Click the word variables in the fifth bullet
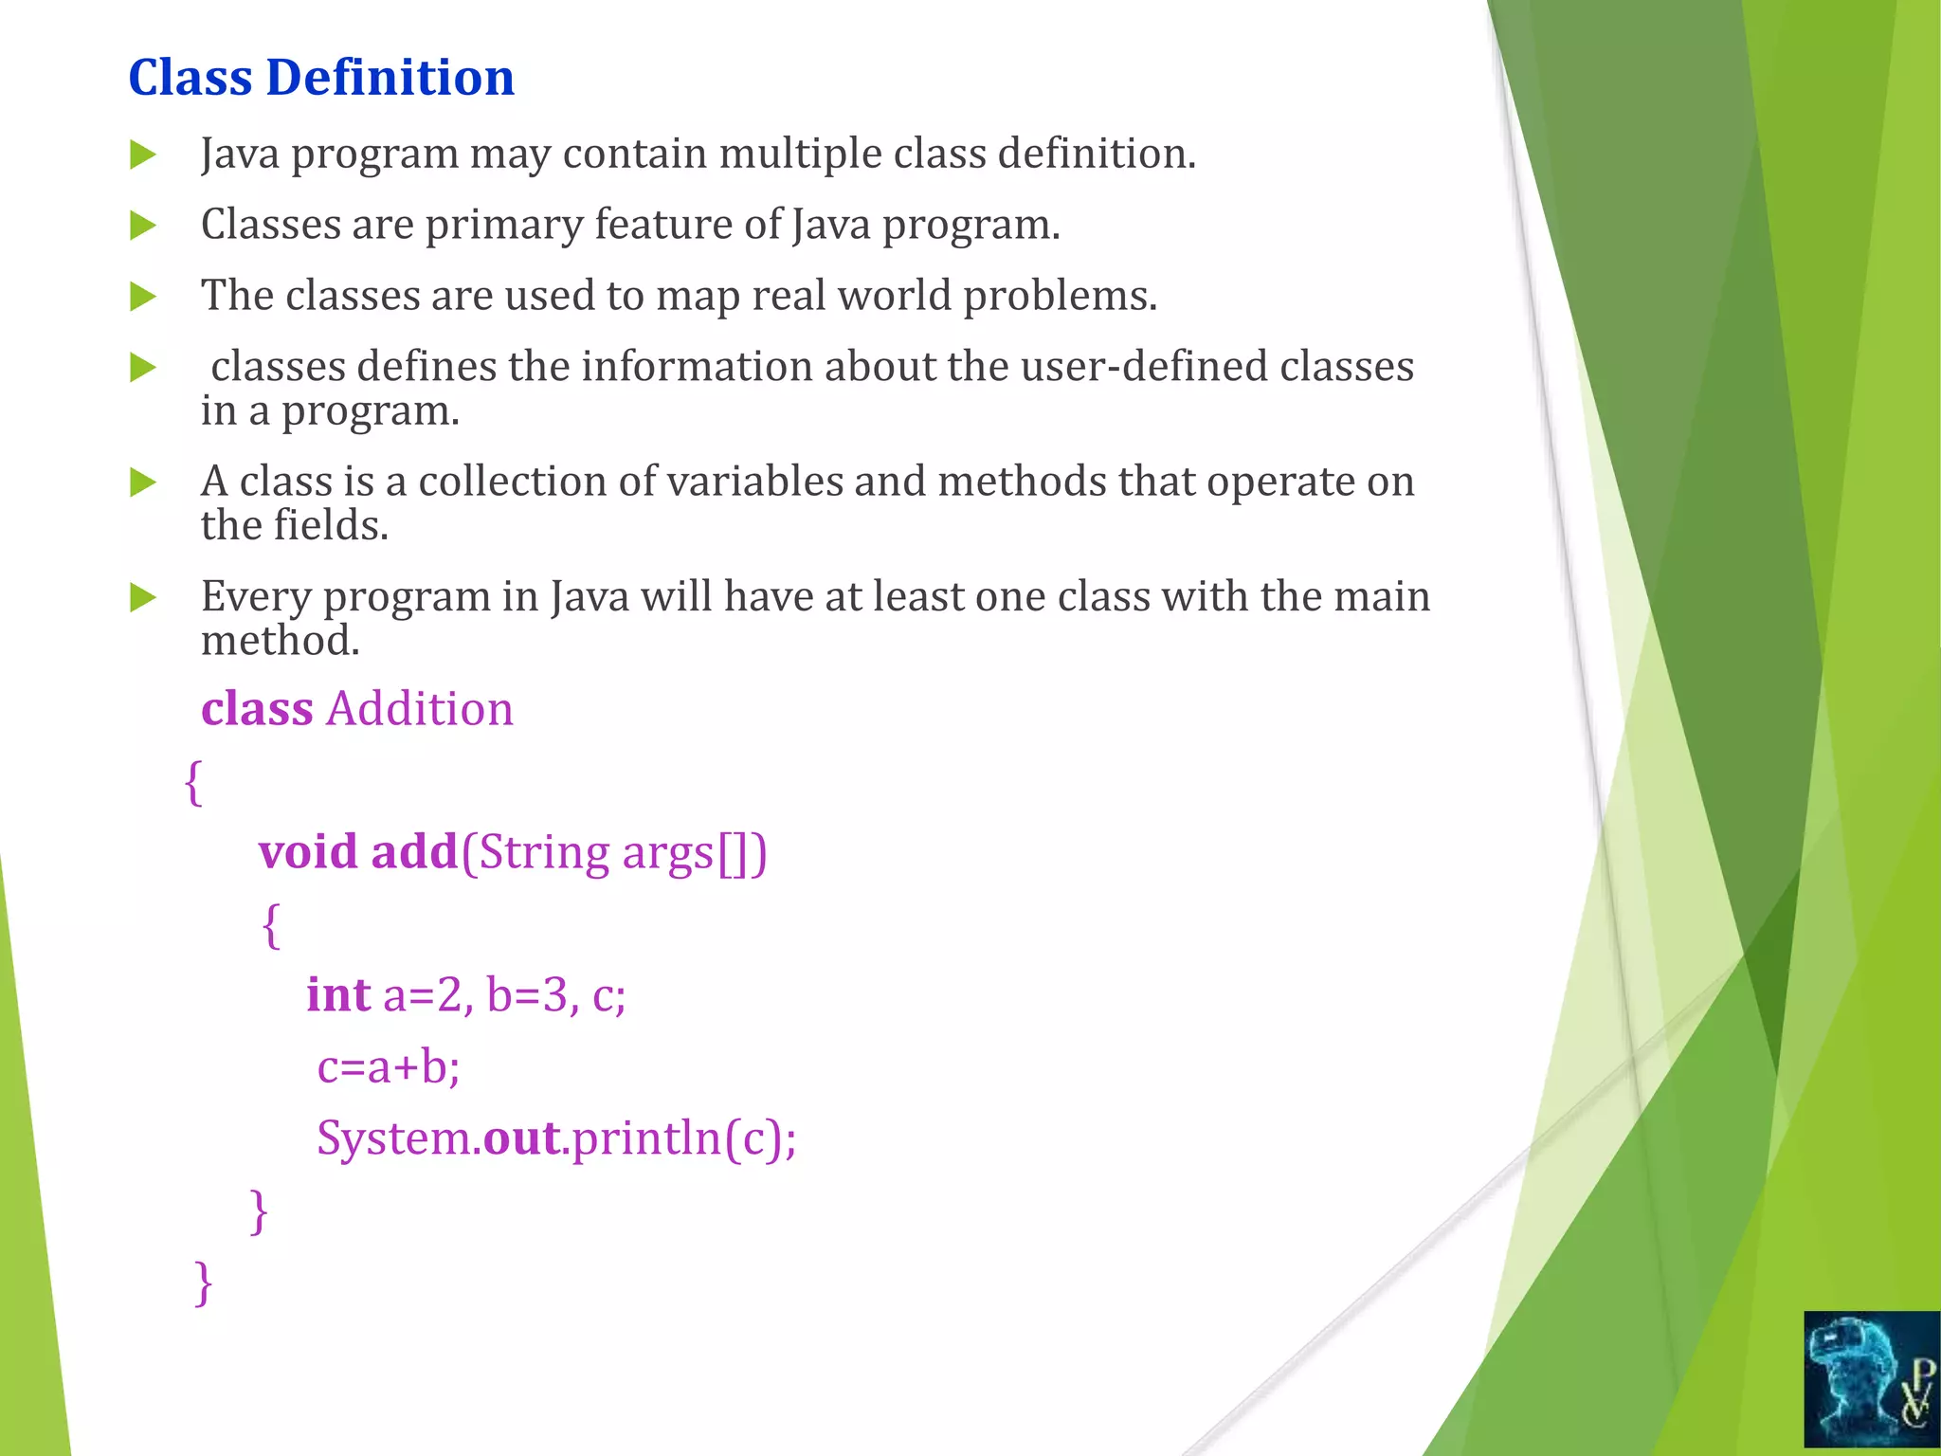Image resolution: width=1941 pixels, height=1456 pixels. click(754, 482)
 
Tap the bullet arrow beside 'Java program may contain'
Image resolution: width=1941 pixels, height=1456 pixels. click(142, 155)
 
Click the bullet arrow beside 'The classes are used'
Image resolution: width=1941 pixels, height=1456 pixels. click(142, 297)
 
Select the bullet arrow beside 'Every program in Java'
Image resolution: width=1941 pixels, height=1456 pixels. click(142, 598)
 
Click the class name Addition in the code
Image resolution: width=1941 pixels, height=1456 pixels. click(419, 709)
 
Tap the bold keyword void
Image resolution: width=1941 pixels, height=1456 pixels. click(308, 851)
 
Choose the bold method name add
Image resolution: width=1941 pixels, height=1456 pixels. click(414, 851)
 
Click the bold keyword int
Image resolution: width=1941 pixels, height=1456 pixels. click(337, 995)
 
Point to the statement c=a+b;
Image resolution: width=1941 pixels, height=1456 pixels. click(389, 1067)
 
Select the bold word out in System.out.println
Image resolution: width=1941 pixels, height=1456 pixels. click(521, 1138)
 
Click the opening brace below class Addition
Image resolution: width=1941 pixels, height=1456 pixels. click(193, 783)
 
